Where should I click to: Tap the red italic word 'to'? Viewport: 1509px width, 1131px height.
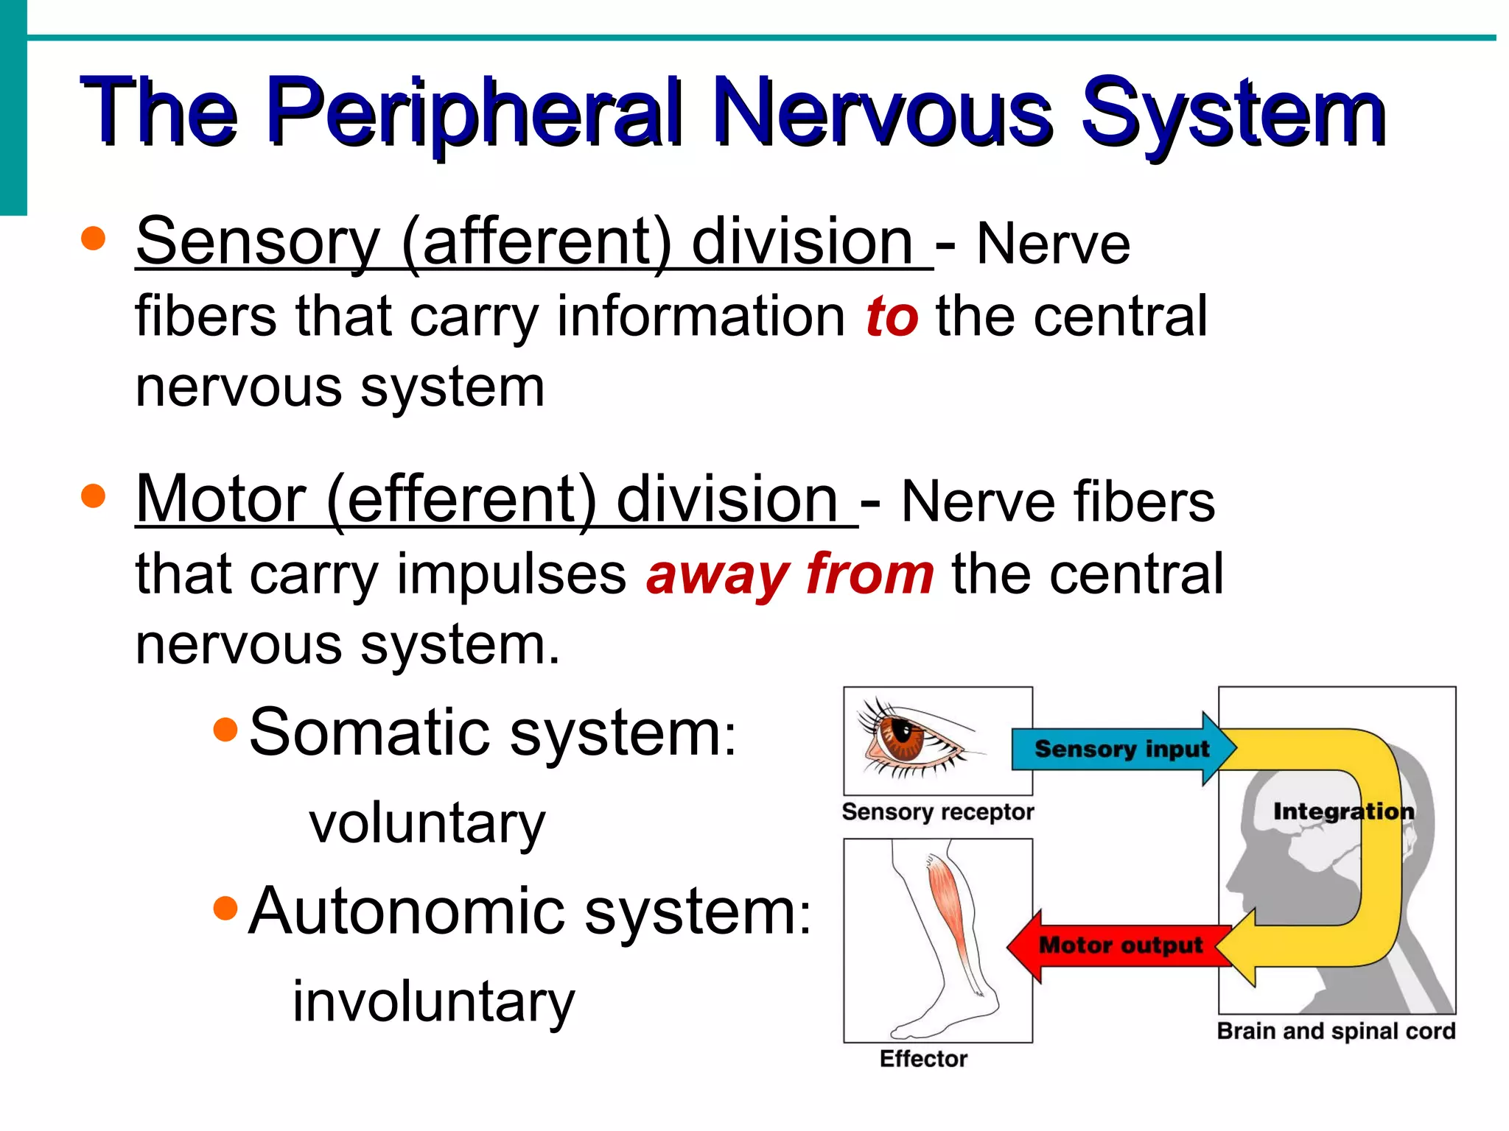892,317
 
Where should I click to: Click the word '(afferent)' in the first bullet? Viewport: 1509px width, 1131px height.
536,243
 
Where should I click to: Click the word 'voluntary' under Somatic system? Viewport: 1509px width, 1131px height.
427,823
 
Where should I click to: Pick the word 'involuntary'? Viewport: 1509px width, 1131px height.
433,1001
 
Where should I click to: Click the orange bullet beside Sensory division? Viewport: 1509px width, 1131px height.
94,239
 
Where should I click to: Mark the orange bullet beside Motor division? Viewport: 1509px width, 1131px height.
94,496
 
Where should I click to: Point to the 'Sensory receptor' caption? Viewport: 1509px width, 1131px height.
937,812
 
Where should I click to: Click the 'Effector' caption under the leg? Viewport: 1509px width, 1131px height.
923,1059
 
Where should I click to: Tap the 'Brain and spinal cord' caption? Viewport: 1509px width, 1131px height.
1336,1031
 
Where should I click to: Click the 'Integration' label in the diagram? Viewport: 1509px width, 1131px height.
1343,811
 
